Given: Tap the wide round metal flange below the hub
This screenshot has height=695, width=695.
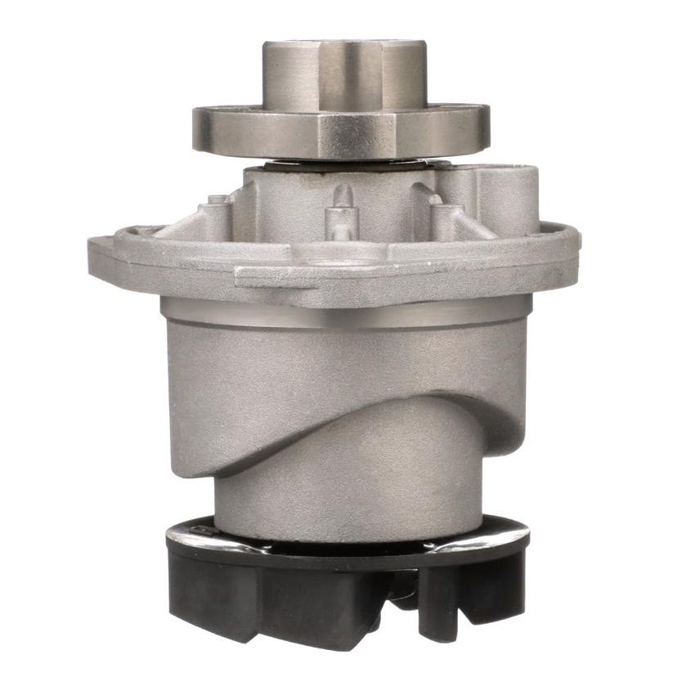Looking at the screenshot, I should pos(245,131).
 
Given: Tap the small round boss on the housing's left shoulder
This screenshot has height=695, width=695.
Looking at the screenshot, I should pos(217,200).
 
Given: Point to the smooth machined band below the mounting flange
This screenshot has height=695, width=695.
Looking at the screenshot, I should pos(343,314).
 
